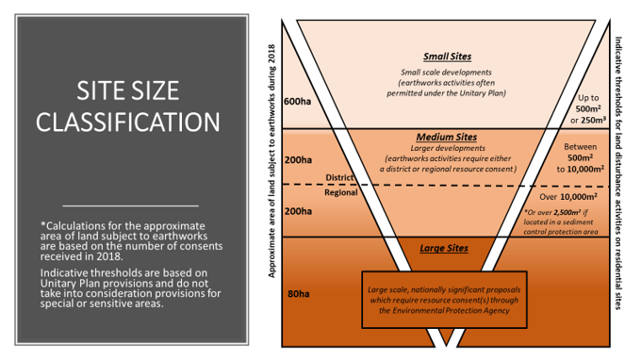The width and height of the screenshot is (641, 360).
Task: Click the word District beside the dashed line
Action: [x=339, y=176]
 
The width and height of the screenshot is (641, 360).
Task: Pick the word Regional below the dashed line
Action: [x=339, y=192]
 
